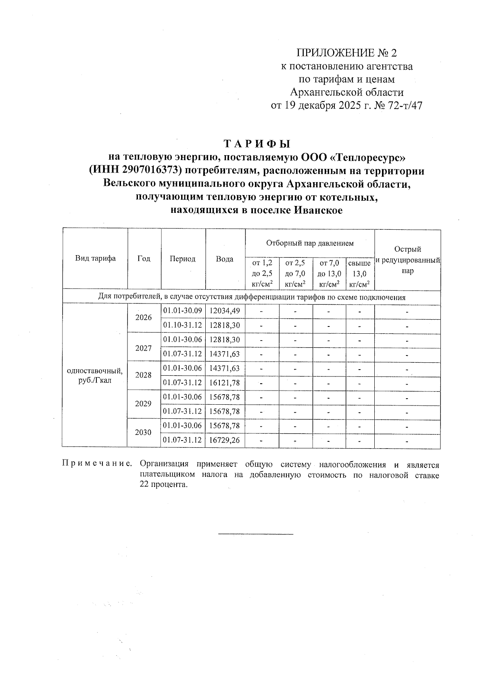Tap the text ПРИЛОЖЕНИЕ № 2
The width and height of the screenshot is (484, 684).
(x=347, y=53)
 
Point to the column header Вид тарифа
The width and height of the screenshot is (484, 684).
(x=95, y=258)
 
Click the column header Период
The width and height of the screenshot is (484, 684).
(x=183, y=259)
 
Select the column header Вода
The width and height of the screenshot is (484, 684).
(x=225, y=259)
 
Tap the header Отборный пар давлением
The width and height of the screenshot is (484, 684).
(x=310, y=243)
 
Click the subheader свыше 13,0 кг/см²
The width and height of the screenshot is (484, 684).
(x=359, y=274)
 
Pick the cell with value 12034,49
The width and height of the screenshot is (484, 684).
(x=225, y=311)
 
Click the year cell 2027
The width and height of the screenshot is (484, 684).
(x=144, y=348)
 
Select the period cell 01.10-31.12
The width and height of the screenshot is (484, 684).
(x=183, y=325)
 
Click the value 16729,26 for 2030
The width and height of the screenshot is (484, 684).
(x=225, y=440)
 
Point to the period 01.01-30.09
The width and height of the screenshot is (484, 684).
(x=183, y=311)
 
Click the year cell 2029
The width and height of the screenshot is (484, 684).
(x=144, y=404)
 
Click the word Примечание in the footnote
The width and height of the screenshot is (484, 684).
(x=97, y=464)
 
